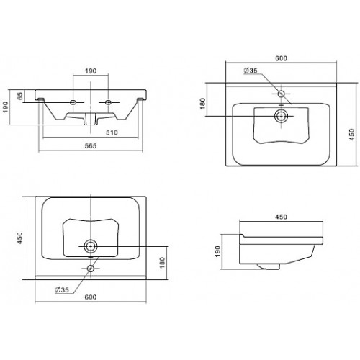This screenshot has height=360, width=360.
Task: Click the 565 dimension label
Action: (x=91, y=145)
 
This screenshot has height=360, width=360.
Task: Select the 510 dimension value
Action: (x=112, y=132)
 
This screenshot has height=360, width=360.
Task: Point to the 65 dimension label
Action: (x=20, y=96)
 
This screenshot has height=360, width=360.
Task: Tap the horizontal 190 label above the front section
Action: (x=91, y=71)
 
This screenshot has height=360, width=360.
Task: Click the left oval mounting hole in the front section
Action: (x=73, y=102)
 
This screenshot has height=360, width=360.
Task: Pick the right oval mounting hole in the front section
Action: (x=108, y=102)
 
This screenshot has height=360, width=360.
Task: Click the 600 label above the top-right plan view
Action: (x=281, y=58)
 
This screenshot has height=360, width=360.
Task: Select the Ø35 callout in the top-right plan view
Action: (x=251, y=71)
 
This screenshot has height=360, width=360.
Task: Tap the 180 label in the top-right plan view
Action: (x=203, y=104)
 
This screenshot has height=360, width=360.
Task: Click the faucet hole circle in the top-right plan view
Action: (x=281, y=94)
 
